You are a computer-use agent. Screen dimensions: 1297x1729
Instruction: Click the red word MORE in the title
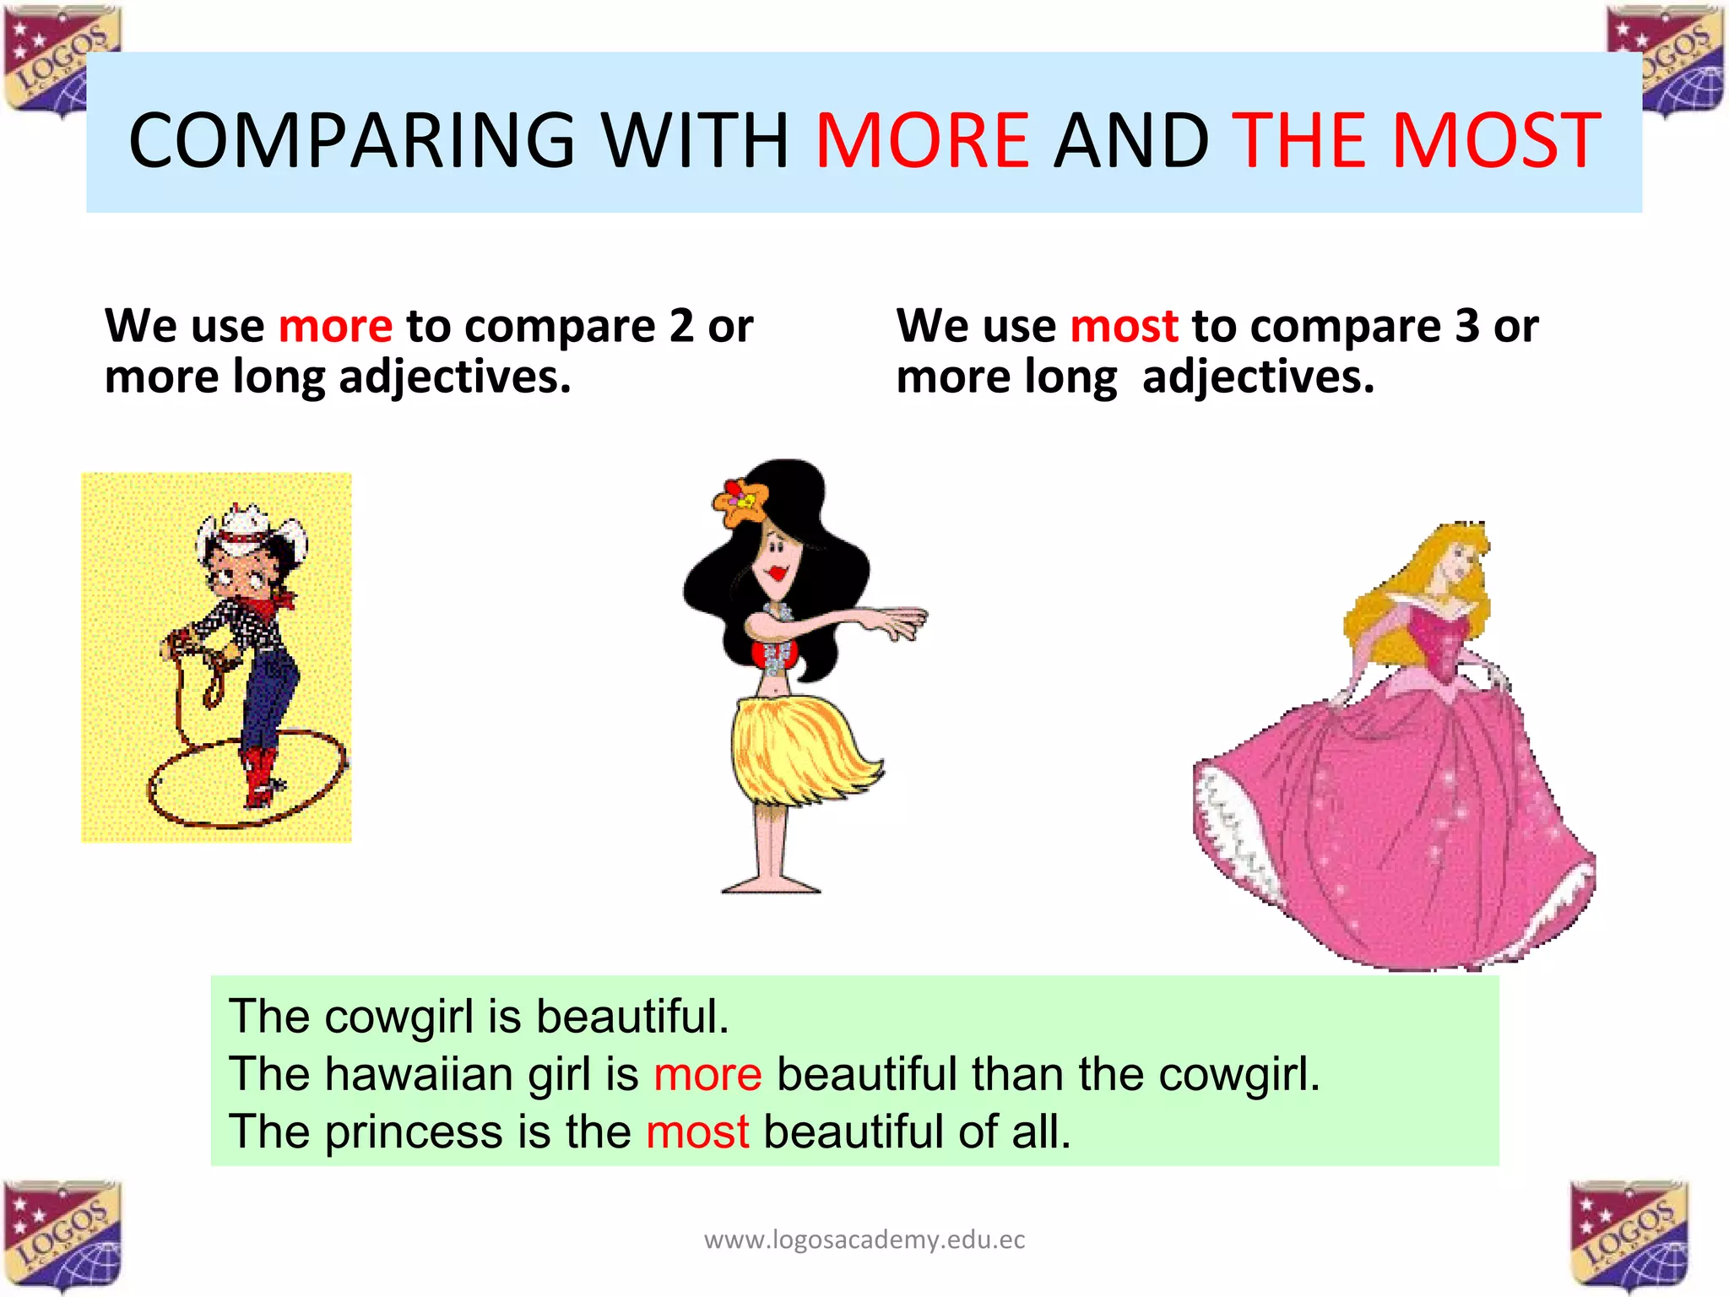tap(922, 140)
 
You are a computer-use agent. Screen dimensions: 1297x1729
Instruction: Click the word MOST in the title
tap(1496, 140)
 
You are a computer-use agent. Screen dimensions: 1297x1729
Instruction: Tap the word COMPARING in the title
tap(351, 140)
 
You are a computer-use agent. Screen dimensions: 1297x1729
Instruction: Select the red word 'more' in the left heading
tap(335, 327)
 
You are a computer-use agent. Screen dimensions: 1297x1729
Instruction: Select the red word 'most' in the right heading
tap(1124, 327)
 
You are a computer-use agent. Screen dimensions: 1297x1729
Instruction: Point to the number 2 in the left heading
tap(681, 327)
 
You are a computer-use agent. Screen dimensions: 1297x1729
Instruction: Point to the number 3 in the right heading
tap(1467, 327)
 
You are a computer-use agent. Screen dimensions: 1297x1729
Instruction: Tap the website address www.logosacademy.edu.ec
tap(864, 1240)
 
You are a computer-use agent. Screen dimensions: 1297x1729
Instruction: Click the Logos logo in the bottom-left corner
tap(63, 1235)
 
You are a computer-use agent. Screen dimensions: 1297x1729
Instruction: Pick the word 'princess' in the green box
tap(414, 1132)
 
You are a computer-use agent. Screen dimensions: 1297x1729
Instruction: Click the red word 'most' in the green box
tap(697, 1132)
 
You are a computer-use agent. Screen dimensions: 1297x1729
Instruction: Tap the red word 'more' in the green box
tap(707, 1075)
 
